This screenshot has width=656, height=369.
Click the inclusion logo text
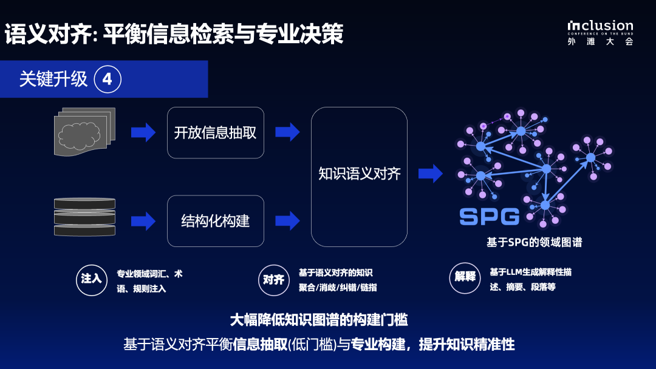pyautogui.click(x=600, y=26)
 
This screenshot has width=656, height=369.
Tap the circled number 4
pyautogui.click(x=108, y=80)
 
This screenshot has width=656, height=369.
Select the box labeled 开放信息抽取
pyautogui.click(x=216, y=133)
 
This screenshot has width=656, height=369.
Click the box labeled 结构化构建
pyautogui.click(x=216, y=221)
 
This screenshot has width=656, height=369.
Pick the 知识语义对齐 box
pyautogui.click(x=359, y=177)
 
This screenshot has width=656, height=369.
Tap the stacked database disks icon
pyautogui.click(x=84, y=217)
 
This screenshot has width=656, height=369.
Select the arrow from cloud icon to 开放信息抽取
pyautogui.click(x=143, y=132)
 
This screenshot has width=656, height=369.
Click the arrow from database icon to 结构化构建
pyautogui.click(x=143, y=220)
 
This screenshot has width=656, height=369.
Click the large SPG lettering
pyautogui.click(x=489, y=217)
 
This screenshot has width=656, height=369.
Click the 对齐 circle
pyautogui.click(x=273, y=280)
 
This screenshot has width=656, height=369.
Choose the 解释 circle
pyautogui.click(x=465, y=276)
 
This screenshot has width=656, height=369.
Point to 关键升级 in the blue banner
pyautogui.click(x=53, y=80)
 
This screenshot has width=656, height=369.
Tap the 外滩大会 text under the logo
pyautogui.click(x=600, y=42)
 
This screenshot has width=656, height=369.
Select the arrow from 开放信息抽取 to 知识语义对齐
pyautogui.click(x=287, y=132)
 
